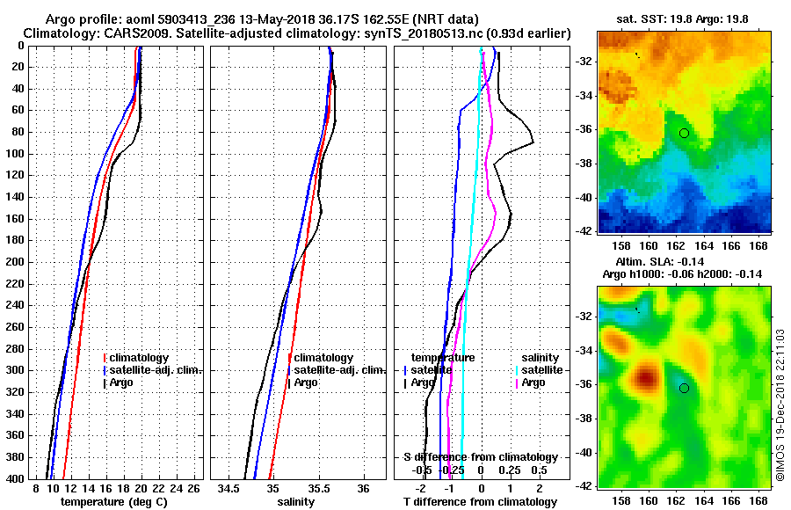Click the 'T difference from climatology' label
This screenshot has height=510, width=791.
pos(480,501)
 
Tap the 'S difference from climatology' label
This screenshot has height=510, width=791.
pos(480,457)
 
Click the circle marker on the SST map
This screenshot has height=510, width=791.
pos(684,132)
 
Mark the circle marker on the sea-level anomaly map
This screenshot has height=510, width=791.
pos(684,388)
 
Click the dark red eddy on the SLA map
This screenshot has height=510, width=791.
pos(647,379)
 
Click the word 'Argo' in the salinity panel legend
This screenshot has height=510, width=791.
pos(307,382)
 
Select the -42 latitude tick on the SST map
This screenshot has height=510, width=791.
pos(584,230)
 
